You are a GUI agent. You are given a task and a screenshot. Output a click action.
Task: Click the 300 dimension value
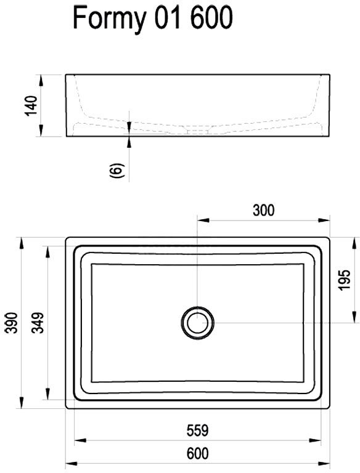pos(263,210)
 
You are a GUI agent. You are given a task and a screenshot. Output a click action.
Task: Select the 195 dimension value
pos(345,280)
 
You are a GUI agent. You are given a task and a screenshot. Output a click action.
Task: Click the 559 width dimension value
pos(197,430)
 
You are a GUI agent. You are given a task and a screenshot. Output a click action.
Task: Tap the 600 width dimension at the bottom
pos(197,454)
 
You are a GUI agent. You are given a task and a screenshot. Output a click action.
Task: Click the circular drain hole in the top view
pos(197,321)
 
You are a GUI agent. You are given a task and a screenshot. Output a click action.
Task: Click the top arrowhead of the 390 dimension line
pos(22,241)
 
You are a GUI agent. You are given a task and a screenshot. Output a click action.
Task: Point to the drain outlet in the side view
pos(198,131)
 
